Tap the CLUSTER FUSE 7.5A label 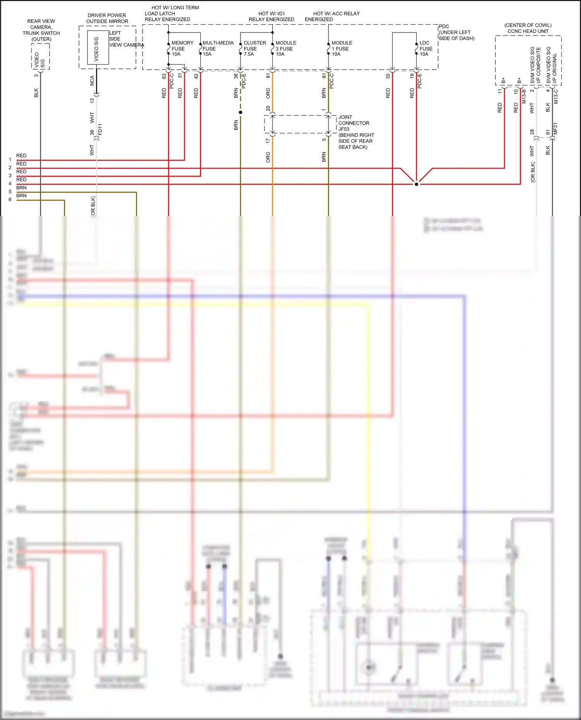pos(254,48)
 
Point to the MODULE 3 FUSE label pos(285,48)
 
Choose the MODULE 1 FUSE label pos(342,48)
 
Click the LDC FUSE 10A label pos(426,48)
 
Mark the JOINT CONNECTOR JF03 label pos(353,123)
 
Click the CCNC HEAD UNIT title pos(528,31)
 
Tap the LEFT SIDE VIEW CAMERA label pos(126,39)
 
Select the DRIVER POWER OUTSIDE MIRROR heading pos(107,18)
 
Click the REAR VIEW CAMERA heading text pos(41,24)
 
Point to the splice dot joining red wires pos(416,184)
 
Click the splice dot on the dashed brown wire pos(241,113)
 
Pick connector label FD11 pos(100,129)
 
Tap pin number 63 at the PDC pos(164,76)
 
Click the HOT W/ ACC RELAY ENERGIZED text pos(336,16)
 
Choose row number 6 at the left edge pos(10,200)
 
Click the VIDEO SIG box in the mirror pos(97,48)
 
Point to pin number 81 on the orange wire pos(268,76)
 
